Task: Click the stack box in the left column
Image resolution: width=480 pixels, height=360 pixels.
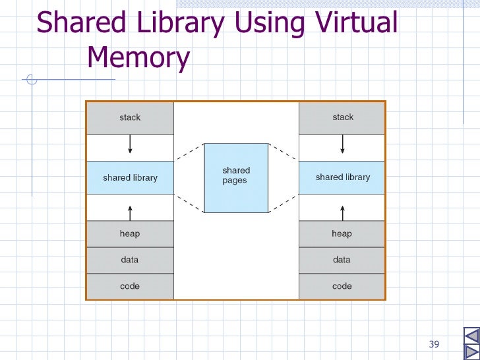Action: [x=130, y=118]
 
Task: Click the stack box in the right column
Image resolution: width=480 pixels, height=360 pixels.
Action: [x=342, y=118]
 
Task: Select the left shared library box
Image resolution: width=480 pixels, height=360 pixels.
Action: [x=130, y=177]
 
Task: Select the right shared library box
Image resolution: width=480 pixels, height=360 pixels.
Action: [x=342, y=177]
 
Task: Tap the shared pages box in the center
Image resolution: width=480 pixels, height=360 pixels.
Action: [x=236, y=177]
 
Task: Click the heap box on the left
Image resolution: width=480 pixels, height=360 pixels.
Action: [x=130, y=234]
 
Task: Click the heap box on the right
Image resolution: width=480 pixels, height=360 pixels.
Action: [x=342, y=234]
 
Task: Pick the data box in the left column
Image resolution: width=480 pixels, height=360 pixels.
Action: [x=130, y=260]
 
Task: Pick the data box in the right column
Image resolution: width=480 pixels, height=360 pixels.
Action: [x=342, y=260]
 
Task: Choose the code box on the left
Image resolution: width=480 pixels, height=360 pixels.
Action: [x=130, y=286]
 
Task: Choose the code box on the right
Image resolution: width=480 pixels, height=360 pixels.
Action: [x=342, y=286]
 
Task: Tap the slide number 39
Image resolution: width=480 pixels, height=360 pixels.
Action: [x=434, y=344]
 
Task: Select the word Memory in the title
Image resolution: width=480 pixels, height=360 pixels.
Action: [x=138, y=58]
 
